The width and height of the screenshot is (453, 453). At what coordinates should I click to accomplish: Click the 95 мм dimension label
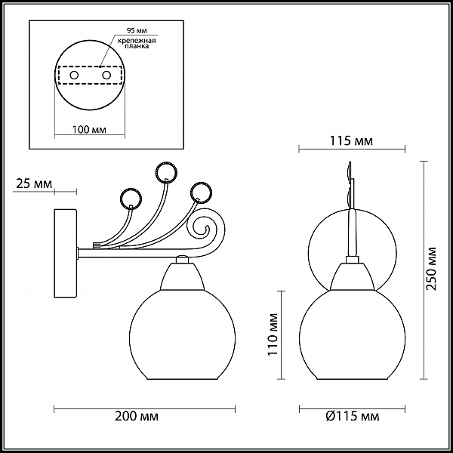point(137,31)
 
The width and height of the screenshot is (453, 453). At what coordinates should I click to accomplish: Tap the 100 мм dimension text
point(89,129)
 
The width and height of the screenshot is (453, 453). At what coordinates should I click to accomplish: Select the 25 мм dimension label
point(34,183)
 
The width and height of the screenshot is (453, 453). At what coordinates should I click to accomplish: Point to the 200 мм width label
point(137,416)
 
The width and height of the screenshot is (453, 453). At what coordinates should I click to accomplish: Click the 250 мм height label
point(431,269)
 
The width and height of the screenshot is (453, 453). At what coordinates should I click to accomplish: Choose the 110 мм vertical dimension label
point(273,334)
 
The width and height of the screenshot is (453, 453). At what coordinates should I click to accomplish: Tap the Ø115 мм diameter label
point(352,416)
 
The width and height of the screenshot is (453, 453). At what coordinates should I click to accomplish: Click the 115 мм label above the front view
point(351,140)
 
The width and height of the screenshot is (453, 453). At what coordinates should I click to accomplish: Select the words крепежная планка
point(137,43)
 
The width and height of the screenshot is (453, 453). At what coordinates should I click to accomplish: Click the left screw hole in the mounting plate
point(74,75)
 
